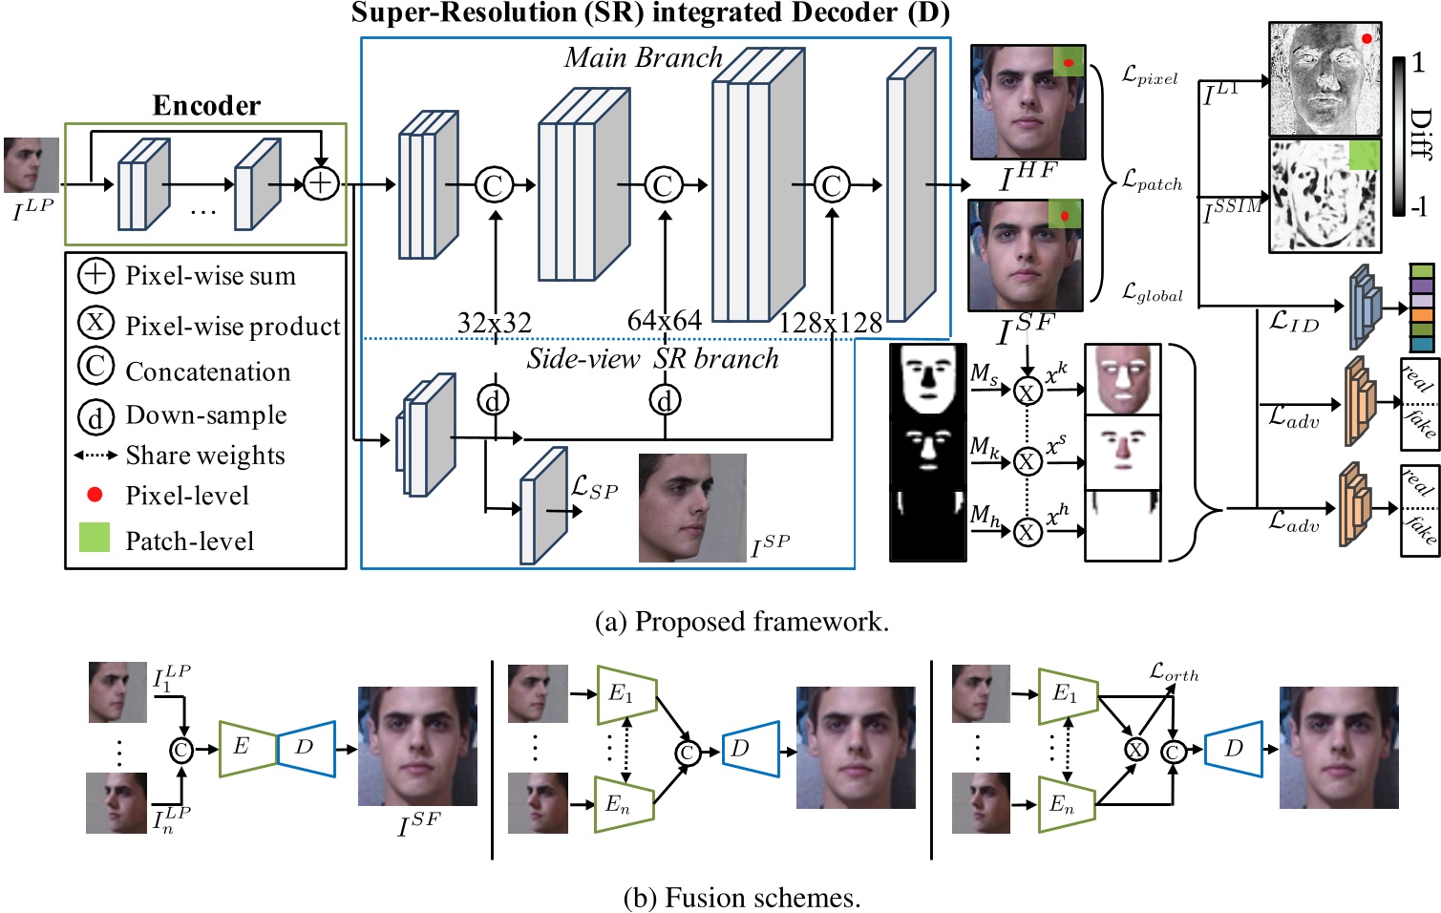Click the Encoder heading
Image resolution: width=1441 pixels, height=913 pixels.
coord(206,105)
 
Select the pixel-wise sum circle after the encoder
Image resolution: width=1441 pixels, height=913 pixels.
coord(321,183)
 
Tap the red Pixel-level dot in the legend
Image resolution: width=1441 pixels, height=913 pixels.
coord(95,494)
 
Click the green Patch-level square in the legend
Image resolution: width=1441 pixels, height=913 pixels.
coord(95,538)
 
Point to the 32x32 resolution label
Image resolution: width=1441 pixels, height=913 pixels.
coord(494,323)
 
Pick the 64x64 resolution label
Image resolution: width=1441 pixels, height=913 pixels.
coord(664,320)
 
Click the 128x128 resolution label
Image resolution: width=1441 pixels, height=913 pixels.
coord(830,323)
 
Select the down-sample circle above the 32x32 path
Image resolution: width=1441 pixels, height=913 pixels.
coord(493,400)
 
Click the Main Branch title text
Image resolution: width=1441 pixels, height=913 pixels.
coord(643,57)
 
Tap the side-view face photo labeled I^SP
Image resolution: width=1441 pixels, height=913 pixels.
coord(691,507)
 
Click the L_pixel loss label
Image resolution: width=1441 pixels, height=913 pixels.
coord(1150,75)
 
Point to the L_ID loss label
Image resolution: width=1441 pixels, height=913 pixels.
coord(1294,322)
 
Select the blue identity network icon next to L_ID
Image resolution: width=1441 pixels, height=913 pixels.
coord(1365,308)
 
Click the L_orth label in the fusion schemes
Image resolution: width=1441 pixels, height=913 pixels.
coord(1174,672)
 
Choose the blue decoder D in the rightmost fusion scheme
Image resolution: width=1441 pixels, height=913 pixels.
coord(1233,749)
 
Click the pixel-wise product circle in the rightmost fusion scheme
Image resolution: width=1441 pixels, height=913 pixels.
coord(1135,750)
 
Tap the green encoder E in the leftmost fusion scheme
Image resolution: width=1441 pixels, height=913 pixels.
coord(246,748)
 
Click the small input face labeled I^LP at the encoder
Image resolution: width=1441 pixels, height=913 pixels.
coord(31,165)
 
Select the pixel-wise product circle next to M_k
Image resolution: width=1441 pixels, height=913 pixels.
coord(1027,462)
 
